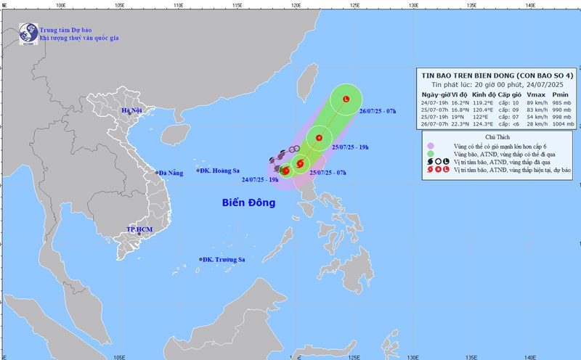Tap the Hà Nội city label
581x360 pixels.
[x=132, y=111]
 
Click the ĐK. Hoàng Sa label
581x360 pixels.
[x=221, y=171]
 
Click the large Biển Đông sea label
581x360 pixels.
[x=249, y=202]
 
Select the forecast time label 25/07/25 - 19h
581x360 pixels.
[x=350, y=147]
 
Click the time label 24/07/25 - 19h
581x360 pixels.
[x=260, y=179]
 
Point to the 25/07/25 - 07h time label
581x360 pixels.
[x=328, y=172]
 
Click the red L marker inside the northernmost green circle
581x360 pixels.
[x=346, y=99]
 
